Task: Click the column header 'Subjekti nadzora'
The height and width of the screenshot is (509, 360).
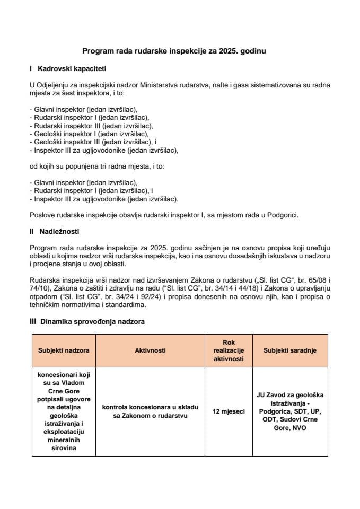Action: tap(64, 350)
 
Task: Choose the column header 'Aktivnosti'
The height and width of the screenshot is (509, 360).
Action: tap(151, 350)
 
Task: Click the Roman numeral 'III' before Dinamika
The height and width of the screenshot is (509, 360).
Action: tap(33, 321)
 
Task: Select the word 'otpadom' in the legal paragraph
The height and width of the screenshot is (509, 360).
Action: tap(43, 296)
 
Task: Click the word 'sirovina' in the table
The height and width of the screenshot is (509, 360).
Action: tap(64, 448)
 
